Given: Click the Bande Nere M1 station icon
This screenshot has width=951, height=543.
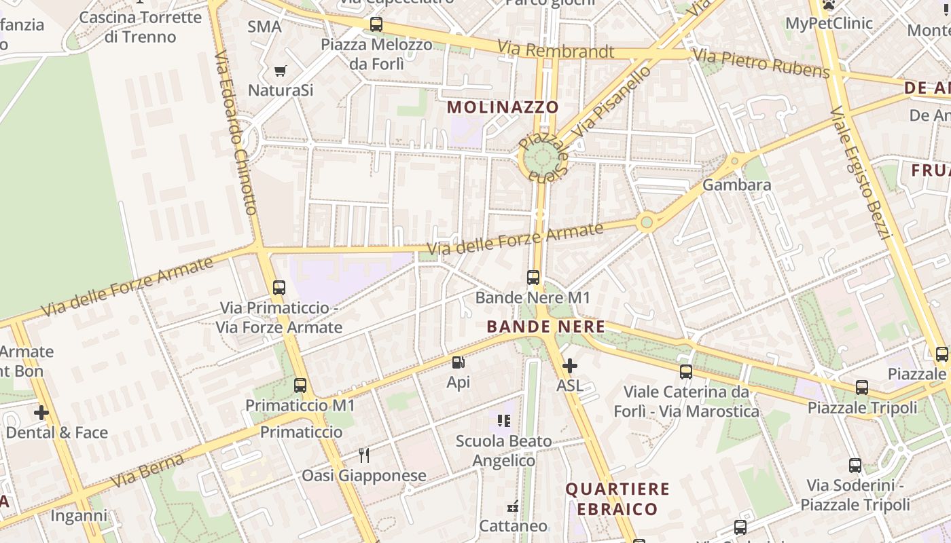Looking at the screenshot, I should click(x=533, y=277).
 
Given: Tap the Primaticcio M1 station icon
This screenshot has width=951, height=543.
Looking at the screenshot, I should click(x=300, y=386).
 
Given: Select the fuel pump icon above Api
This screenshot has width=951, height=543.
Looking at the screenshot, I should click(x=459, y=362).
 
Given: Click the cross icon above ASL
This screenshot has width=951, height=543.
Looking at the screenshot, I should click(x=570, y=366).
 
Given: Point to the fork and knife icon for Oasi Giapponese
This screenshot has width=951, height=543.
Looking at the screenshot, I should click(x=365, y=455).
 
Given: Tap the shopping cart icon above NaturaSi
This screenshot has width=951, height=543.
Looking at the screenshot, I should click(x=280, y=71).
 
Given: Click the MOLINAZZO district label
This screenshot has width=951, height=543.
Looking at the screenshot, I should click(x=503, y=107).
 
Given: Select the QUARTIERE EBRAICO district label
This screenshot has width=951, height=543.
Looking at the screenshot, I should click(x=617, y=499).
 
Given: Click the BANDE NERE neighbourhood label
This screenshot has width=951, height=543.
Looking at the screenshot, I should click(x=545, y=326).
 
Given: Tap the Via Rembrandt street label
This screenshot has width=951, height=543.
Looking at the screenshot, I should click(x=556, y=50).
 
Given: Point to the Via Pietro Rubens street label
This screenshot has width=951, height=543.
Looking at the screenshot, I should click(x=761, y=62).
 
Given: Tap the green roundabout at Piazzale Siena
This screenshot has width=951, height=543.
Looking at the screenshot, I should click(x=541, y=159).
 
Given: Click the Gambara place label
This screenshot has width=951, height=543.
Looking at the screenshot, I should click(x=736, y=185).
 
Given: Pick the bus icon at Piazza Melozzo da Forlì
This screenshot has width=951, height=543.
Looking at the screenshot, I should click(x=376, y=24).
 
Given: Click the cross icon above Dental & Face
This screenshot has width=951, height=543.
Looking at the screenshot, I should click(x=41, y=412).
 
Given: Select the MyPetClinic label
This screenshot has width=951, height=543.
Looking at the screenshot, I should click(x=829, y=23).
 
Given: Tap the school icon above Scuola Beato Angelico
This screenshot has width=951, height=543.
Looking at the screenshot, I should click(x=503, y=421).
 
